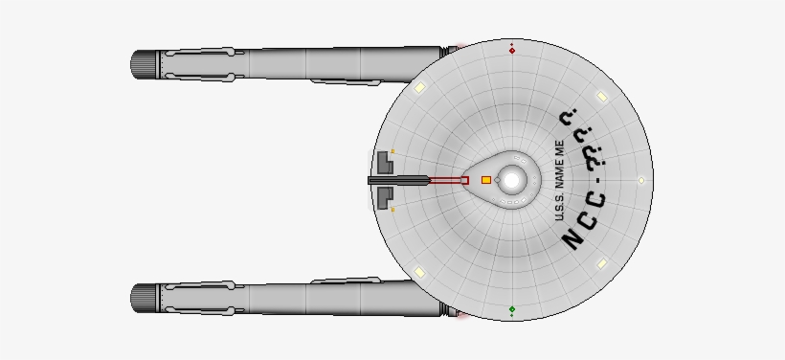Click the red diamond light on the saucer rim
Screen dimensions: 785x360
pyautogui.click(x=512, y=50)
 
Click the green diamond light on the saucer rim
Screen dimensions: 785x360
pyautogui.click(x=512, y=309)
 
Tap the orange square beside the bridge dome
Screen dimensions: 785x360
pyautogui.click(x=485, y=180)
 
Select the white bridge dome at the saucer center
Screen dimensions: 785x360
pyautogui.click(x=512, y=179)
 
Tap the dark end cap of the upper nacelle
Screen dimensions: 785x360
pyautogui.click(x=144, y=64)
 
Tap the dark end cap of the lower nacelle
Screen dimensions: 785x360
pyautogui.click(x=144, y=296)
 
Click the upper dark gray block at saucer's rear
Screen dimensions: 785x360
pyautogui.click(x=384, y=161)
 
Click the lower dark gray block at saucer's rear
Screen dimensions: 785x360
pyautogui.click(x=384, y=197)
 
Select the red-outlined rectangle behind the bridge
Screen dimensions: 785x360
pyautogui.click(x=446, y=179)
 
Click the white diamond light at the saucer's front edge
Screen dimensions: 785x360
pyautogui.click(x=641, y=180)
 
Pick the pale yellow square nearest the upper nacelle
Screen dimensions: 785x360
pyautogui.click(x=419, y=88)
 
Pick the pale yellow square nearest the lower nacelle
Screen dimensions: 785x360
pyautogui.click(x=419, y=272)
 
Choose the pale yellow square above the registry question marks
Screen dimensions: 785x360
pyautogui.click(x=601, y=97)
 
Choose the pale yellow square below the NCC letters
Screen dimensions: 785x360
pyautogui.click(x=601, y=263)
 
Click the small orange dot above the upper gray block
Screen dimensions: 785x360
pyautogui.click(x=393, y=150)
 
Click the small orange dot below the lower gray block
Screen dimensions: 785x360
pyautogui.click(x=393, y=208)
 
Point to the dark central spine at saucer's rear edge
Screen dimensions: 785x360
pyautogui.click(x=397, y=179)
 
